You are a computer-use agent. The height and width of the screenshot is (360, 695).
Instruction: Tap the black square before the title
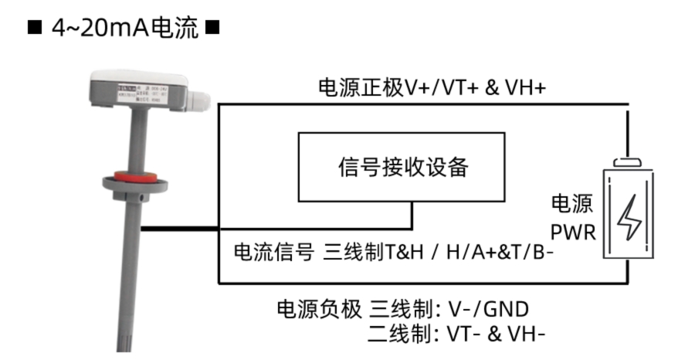(34, 29)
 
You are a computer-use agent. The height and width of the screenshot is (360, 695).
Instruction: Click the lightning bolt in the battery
(629, 216)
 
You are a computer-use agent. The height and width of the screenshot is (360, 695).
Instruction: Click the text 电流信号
(273, 252)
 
